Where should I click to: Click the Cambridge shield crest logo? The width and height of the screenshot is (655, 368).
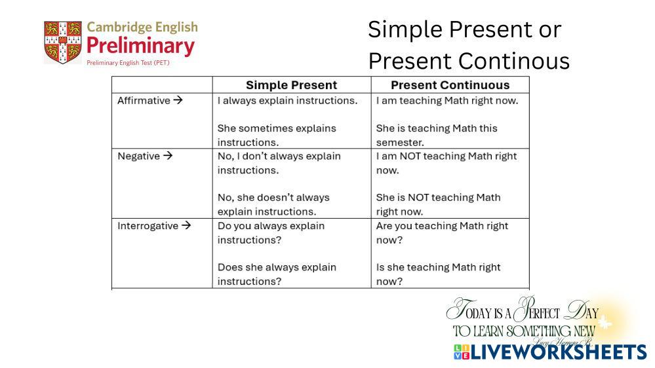(63, 43)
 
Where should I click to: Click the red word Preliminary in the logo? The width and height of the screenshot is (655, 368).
(141, 46)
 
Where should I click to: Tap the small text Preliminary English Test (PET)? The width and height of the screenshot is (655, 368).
(128, 63)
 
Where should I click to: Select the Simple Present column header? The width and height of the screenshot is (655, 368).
(291, 85)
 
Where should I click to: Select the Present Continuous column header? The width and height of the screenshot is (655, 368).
(450, 85)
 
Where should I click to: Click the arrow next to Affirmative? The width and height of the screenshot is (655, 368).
(178, 100)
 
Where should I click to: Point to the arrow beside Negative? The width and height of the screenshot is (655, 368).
(167, 156)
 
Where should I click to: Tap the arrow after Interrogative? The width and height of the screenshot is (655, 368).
(186, 225)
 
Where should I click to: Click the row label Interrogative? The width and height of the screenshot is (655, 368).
(148, 226)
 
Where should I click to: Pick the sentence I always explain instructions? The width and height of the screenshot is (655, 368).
(287, 101)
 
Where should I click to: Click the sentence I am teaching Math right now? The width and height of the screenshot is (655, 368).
(447, 101)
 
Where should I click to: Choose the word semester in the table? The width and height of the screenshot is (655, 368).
(400, 143)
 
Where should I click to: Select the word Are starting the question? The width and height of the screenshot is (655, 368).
(385, 226)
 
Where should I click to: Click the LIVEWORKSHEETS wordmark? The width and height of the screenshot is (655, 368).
(559, 352)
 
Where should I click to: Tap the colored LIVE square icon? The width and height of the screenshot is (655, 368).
(462, 352)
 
